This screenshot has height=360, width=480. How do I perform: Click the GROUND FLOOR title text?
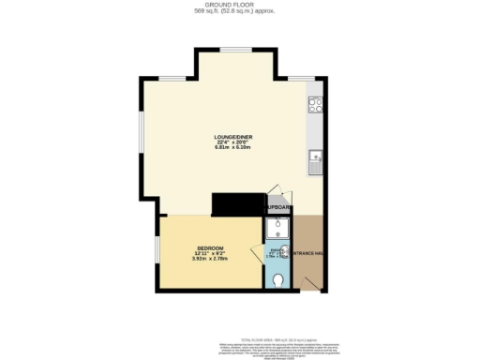239,4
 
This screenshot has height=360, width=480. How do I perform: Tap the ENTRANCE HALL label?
308,253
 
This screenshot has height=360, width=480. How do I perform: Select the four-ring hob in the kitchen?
316,106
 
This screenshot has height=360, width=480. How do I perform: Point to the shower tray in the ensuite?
278,229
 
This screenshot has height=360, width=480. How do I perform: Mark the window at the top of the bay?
233,49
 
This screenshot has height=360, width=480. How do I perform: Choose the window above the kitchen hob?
302,77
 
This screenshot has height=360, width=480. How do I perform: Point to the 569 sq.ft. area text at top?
239,11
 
